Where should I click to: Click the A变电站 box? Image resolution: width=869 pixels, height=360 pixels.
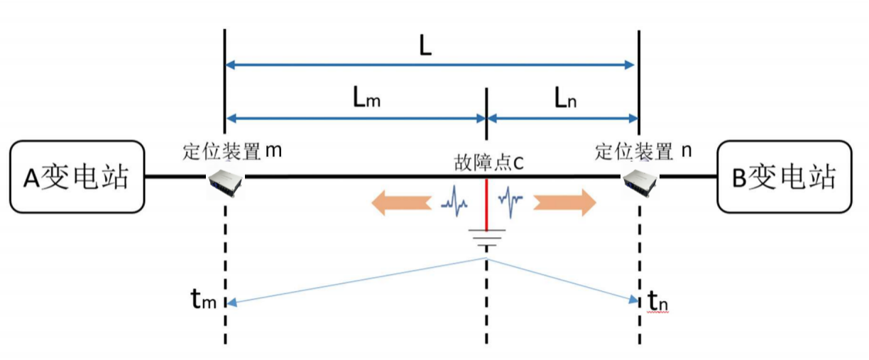tap(77, 177)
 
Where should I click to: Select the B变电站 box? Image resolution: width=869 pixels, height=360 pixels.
tap(785, 177)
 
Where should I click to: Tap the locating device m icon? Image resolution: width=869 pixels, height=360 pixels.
tap(226, 182)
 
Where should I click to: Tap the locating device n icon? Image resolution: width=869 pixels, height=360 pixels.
tap(640, 182)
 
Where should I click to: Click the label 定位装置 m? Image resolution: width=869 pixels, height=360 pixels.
tap(232, 151)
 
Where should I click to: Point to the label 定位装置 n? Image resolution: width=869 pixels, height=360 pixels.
tap(643, 151)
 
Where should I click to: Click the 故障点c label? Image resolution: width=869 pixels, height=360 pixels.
tap(488, 163)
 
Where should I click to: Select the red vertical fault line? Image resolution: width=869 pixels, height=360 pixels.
tap(486, 204)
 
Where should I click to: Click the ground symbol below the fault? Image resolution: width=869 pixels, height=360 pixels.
tap(486, 238)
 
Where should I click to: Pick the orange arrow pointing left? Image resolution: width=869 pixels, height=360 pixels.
tap(402, 202)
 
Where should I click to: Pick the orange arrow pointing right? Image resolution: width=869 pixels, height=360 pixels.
tap(565, 202)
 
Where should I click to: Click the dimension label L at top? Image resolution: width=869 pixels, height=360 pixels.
tap(425, 46)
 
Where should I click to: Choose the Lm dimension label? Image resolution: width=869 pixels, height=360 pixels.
tap(366, 97)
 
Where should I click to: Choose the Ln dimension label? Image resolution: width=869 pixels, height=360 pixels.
tap(566, 98)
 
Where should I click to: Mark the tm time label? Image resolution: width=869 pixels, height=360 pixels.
tap(204, 300)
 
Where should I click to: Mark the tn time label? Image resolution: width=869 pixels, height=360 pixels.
tap(657, 301)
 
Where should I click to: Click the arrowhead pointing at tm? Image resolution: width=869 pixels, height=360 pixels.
tap(231, 302)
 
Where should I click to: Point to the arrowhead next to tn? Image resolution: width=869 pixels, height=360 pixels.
tap(633, 300)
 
